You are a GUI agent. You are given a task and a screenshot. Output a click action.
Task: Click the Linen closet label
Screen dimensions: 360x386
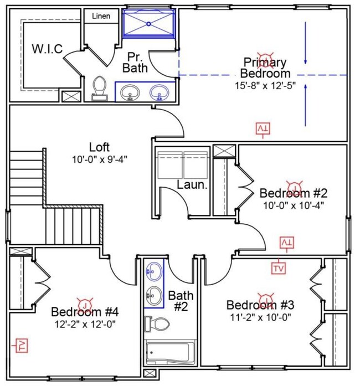click(101, 16)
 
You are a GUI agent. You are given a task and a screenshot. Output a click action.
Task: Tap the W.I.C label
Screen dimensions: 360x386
click(47, 49)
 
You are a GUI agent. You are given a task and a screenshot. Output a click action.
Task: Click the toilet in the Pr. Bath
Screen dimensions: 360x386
click(100, 89)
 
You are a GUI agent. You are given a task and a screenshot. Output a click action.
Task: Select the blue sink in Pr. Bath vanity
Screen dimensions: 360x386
click(159, 92)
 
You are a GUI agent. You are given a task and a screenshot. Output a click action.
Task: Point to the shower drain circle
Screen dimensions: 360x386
click(148, 24)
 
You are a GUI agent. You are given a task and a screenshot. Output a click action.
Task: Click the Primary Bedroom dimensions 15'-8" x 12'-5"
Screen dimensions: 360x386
click(265, 86)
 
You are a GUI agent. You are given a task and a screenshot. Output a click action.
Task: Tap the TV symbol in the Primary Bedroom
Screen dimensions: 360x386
click(263, 130)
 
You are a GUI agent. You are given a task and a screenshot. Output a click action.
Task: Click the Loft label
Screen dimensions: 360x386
click(99, 147)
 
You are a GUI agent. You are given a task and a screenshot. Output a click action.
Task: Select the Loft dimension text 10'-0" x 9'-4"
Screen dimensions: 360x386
click(100, 159)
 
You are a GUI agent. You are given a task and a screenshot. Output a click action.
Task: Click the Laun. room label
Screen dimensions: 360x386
click(192, 184)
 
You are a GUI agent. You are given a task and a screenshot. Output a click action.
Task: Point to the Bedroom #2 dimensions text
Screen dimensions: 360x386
click(294, 205)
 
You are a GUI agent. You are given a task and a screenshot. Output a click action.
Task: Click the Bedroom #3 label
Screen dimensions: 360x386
click(260, 305)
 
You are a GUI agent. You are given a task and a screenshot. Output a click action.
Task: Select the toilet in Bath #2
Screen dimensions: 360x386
click(157, 323)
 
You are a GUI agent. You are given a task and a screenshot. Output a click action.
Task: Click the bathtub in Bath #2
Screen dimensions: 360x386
click(170, 352)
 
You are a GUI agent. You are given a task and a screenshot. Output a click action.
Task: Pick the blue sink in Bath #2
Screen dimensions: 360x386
click(154, 271)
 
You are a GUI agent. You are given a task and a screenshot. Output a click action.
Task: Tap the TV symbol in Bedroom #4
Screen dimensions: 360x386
click(20, 346)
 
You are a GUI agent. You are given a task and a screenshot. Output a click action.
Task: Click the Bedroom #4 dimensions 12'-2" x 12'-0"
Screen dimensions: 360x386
click(85, 324)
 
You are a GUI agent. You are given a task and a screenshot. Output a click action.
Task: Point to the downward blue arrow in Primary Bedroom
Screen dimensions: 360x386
click(305, 43)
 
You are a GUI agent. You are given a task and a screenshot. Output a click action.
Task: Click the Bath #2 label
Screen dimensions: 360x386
click(181, 301)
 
